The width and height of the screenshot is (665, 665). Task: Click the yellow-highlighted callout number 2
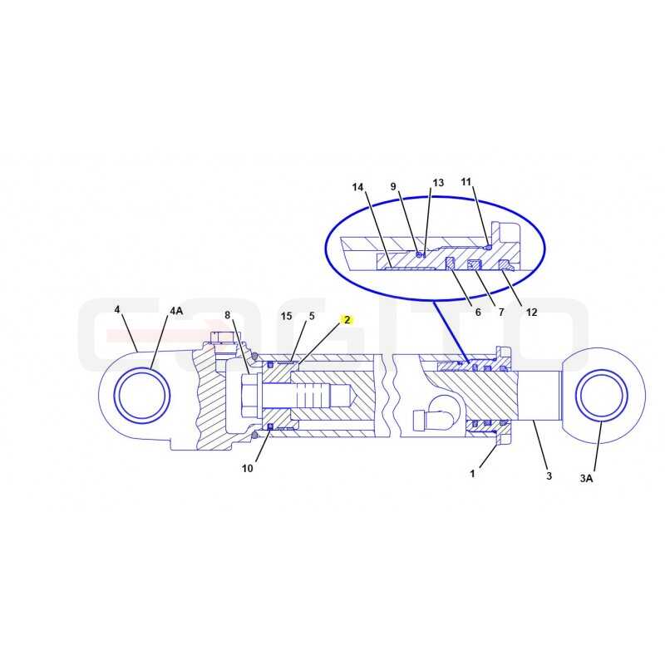(347, 320)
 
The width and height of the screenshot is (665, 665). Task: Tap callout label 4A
(176, 310)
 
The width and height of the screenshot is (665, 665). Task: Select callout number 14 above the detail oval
(357, 187)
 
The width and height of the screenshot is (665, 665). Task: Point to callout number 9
(393, 186)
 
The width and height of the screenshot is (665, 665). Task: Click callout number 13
(438, 182)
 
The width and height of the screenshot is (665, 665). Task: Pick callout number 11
(466, 181)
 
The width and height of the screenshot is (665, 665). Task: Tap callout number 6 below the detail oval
(478, 313)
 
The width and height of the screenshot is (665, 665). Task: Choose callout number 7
(501, 313)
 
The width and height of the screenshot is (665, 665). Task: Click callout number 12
(531, 313)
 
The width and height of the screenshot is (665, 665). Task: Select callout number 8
(227, 315)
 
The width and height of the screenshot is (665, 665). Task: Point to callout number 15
(286, 316)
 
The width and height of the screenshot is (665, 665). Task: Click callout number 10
(247, 468)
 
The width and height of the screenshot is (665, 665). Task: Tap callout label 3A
(586, 479)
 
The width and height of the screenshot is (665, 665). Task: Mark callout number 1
(472, 473)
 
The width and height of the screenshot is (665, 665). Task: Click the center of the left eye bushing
(142, 396)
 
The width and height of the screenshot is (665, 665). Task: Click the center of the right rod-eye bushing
(601, 396)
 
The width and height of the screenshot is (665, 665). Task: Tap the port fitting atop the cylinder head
(222, 338)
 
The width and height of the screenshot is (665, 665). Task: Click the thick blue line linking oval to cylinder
(451, 332)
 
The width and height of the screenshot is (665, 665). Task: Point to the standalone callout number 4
(117, 309)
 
